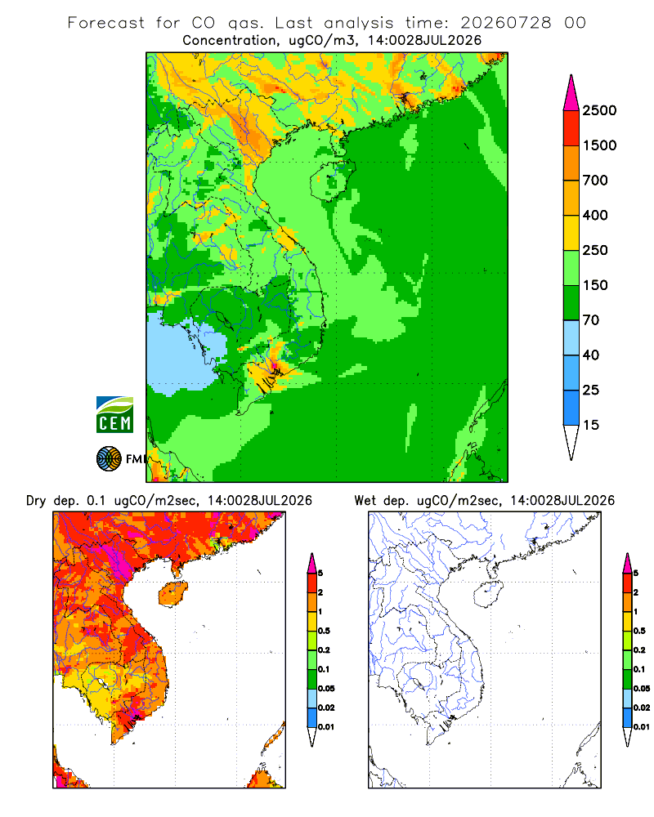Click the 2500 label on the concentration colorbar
[599, 110]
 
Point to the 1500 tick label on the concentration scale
[599, 145]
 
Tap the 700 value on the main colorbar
[595, 181]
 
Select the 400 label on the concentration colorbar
[595, 215]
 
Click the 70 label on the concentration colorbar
[591, 320]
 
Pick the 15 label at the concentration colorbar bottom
[591, 425]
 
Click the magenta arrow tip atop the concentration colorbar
[571, 93]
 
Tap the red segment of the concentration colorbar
[571, 128]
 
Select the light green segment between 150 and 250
[571, 268]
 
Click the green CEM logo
[114, 415]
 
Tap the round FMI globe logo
[109, 459]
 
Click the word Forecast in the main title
[106, 23]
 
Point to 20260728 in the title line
[506, 23]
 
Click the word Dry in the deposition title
[36, 501]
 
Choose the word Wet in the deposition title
[365, 501]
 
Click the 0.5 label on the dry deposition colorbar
[324, 631]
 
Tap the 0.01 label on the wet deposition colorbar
[642, 727]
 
